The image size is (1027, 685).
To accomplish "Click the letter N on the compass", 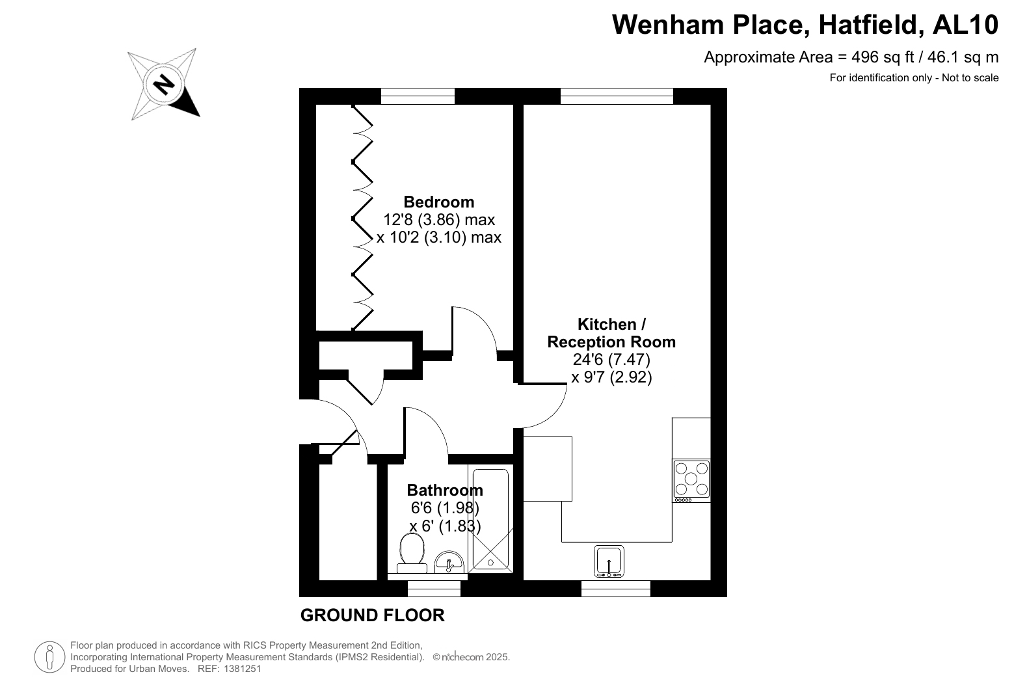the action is tap(164, 85).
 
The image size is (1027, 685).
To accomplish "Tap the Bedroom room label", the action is tap(439, 202).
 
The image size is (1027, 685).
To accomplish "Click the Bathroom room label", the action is tap(445, 490).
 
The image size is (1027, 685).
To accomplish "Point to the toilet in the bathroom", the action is tap(412, 554).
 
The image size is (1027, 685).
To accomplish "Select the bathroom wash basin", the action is tap(449, 562).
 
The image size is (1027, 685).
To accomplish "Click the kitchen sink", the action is tap(609, 561).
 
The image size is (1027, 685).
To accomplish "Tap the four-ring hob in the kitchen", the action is tap(691, 480).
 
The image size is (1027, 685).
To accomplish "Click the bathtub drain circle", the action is tap(490, 563).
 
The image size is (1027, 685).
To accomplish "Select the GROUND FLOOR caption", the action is tap(372, 615).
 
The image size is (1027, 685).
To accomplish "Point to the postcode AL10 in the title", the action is tap(966, 25).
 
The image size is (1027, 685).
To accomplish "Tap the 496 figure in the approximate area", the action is tap(864, 57).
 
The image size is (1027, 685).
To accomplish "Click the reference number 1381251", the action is tap(242, 669).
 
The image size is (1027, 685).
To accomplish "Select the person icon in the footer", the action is tap(50, 657).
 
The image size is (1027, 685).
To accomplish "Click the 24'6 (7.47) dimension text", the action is tap(611, 359).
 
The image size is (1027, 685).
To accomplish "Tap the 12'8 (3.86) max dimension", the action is tap(439, 220).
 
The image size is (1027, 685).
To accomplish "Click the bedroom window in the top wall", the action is tap(418, 96).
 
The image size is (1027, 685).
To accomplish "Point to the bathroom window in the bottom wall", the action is tap(434, 588).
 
